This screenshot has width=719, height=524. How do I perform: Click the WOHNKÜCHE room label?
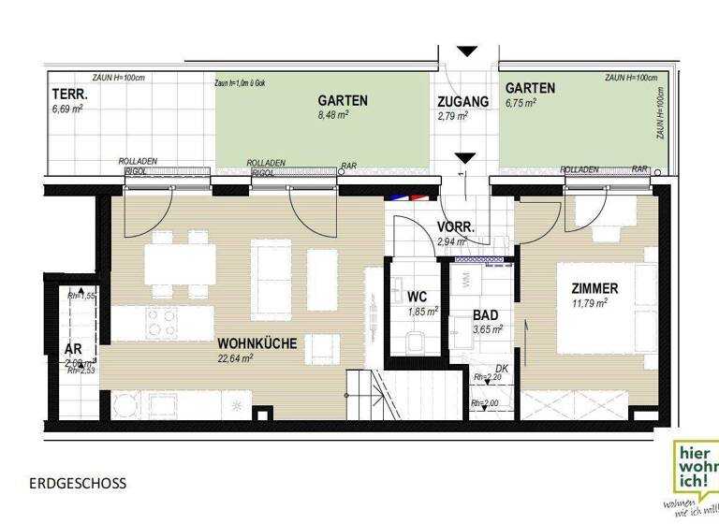click(257, 343)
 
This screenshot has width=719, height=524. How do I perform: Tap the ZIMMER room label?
click(588, 288)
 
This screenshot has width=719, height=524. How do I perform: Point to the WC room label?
click(418, 297)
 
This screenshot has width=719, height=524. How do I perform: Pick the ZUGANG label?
click(463, 101)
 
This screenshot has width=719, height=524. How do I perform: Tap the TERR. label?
click(70, 95)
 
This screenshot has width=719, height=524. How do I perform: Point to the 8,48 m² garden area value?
click(332, 115)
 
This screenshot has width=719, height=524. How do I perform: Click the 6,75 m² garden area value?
click(521, 103)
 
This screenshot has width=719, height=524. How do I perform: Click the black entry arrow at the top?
click(465, 51)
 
